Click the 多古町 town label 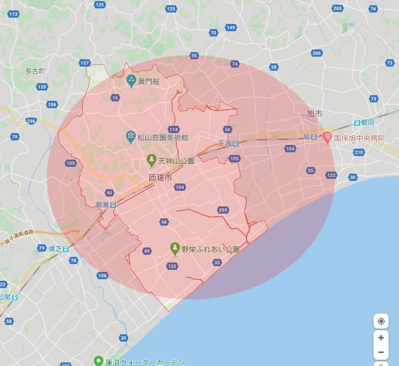pos(35,71)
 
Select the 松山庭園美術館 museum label pos(162,138)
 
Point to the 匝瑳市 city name pos(160,178)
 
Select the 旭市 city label pos(314,113)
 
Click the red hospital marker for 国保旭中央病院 pos(327,138)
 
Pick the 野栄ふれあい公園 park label pos(210,250)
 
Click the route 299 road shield pos(223,210)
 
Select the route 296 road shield pos(31,121)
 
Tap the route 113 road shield pos(14,14)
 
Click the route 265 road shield pos(338,8)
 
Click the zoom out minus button pos(381,352)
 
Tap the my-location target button pos(381,321)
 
